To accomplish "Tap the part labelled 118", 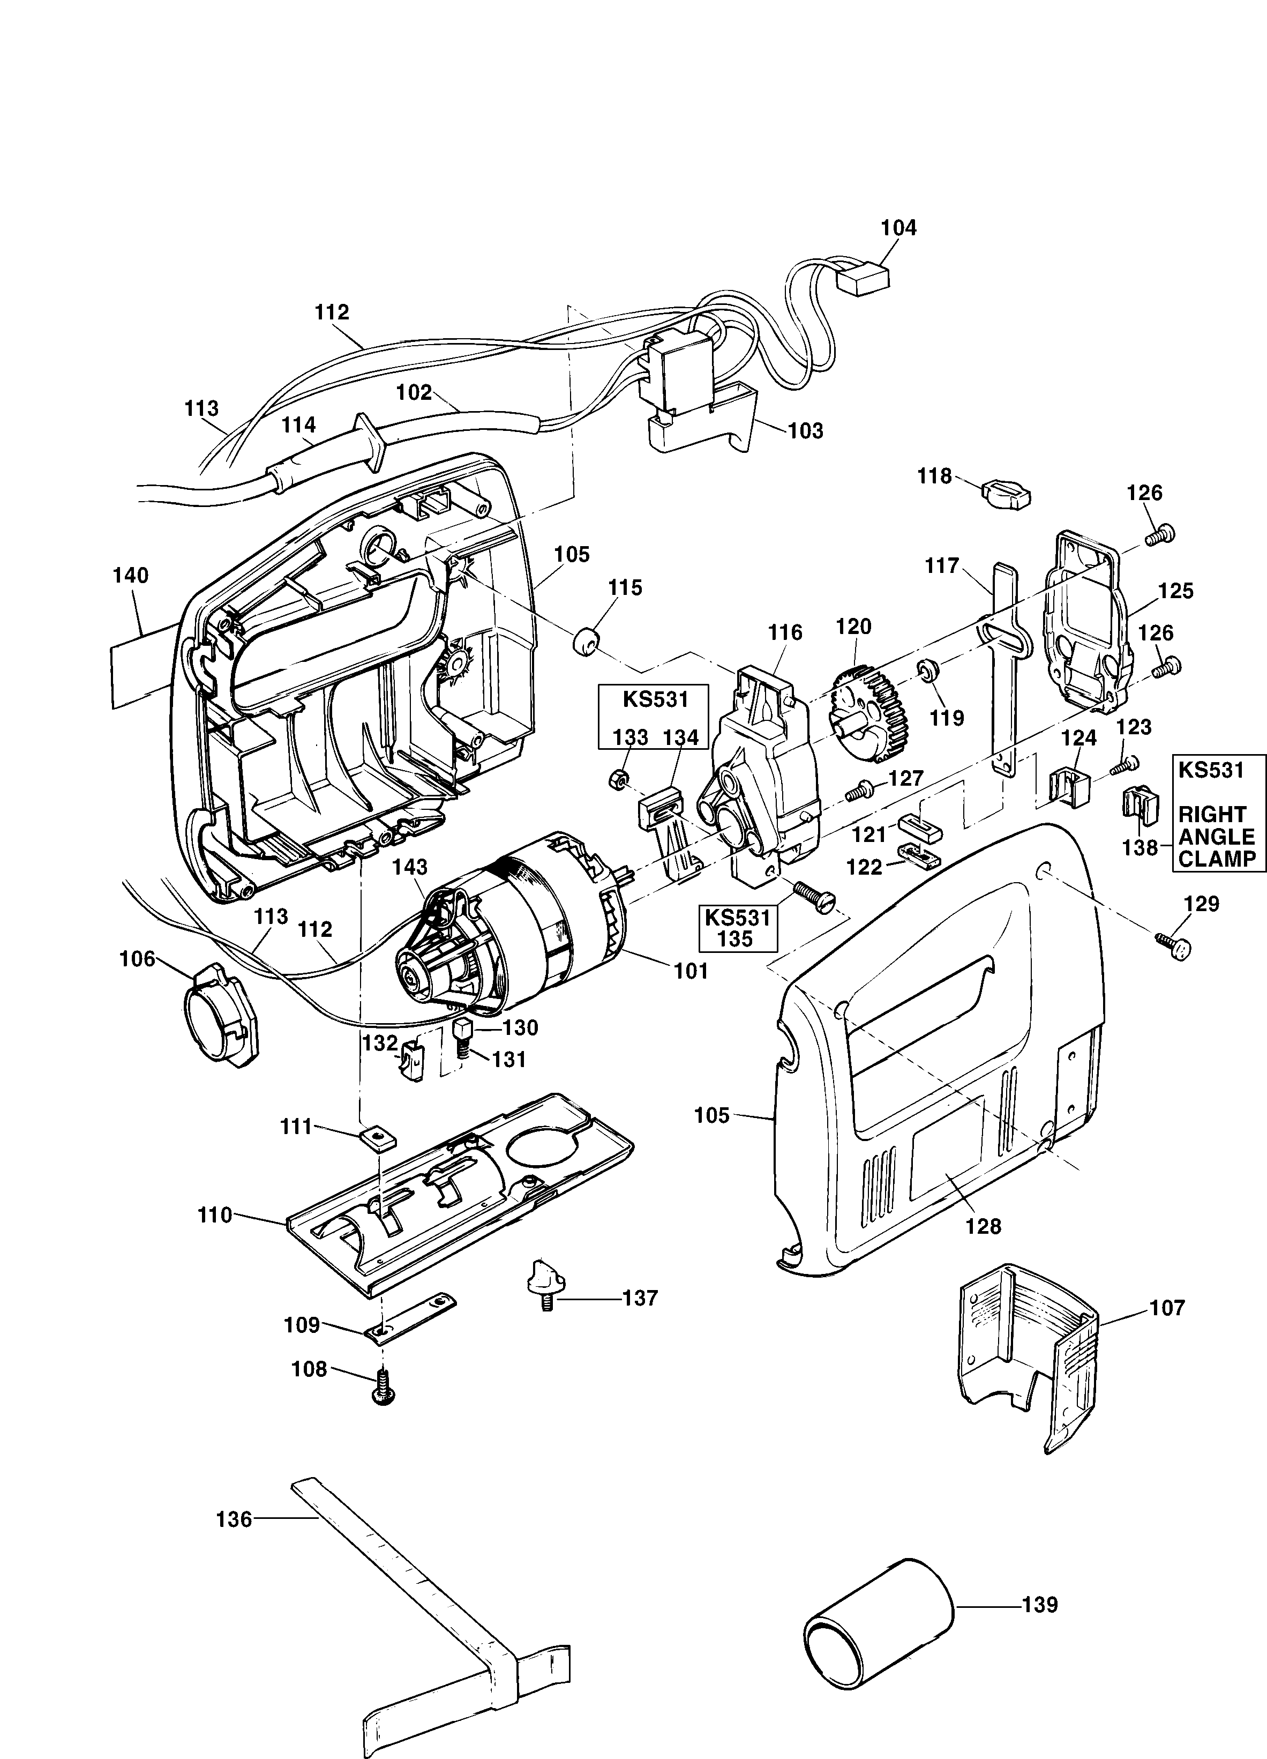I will point(1006,493).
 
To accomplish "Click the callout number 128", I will point(983,1226).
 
